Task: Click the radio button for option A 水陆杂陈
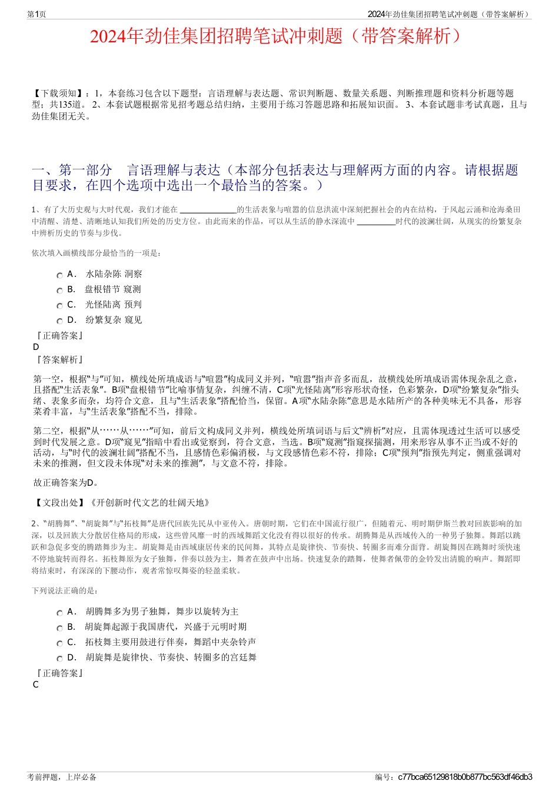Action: click(x=60, y=275)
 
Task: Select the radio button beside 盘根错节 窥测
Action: click(x=60, y=291)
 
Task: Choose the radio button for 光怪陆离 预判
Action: click(x=60, y=306)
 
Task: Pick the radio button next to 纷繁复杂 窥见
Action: click(x=60, y=321)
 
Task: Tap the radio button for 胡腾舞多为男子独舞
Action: click(x=60, y=613)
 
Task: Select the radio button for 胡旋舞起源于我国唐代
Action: click(x=60, y=628)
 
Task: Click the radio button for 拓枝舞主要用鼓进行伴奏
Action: click(x=60, y=643)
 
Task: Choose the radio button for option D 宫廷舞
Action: click(x=60, y=659)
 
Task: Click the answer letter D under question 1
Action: click(x=36, y=347)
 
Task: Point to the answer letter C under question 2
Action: click(x=36, y=685)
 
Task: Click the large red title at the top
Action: click(x=279, y=36)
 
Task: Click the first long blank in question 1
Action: click(x=208, y=210)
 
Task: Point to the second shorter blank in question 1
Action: click(x=376, y=222)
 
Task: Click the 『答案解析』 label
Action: click(x=59, y=359)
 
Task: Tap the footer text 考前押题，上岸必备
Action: click(x=62, y=777)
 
